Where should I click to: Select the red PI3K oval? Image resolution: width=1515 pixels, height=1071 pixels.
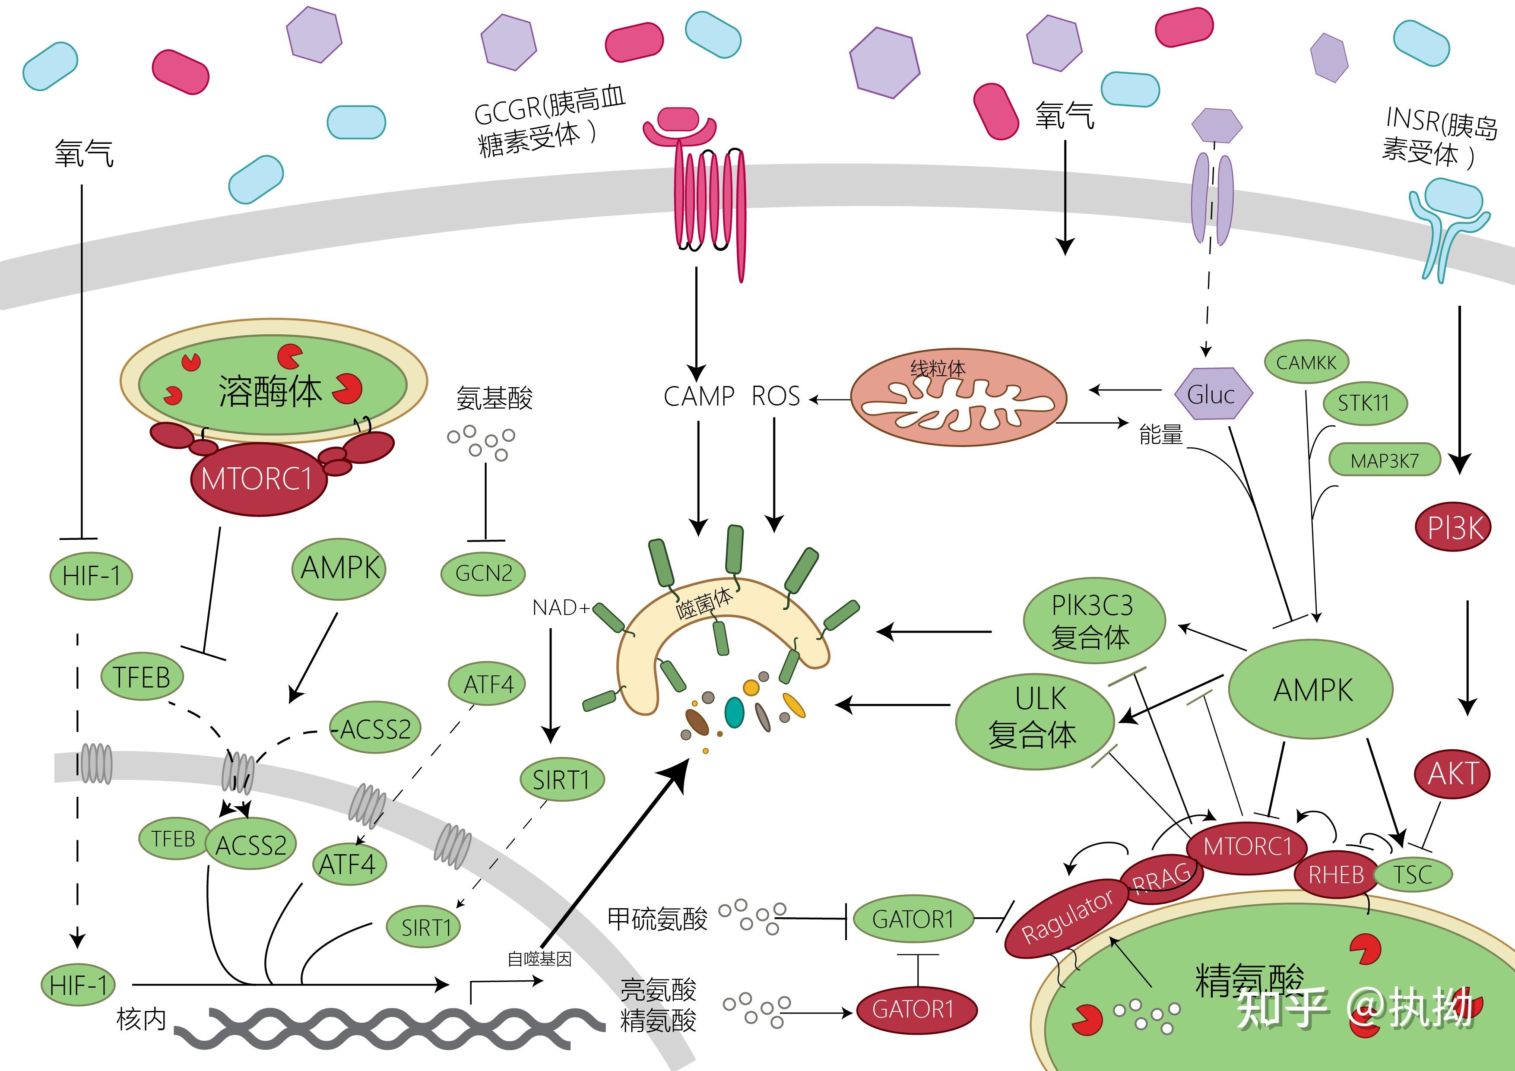tap(1454, 528)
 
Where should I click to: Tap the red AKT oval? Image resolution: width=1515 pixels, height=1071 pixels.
tap(1452, 774)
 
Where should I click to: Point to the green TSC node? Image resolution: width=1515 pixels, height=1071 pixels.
tap(1413, 875)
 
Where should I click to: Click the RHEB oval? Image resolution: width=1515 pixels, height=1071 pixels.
tap(1335, 875)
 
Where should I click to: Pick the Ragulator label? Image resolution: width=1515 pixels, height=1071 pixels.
tap(1067, 916)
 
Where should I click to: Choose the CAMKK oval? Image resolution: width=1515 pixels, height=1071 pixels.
tap(1306, 362)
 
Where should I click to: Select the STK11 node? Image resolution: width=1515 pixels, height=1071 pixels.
tap(1363, 402)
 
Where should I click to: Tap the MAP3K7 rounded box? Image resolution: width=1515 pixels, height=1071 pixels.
tap(1384, 460)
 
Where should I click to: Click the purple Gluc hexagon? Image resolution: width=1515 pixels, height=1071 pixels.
tap(1213, 395)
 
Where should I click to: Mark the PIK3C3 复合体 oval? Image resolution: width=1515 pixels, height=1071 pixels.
tap(1093, 620)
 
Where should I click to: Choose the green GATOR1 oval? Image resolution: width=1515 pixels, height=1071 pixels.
tap(913, 919)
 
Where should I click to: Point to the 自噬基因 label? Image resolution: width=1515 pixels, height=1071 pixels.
tap(539, 959)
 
